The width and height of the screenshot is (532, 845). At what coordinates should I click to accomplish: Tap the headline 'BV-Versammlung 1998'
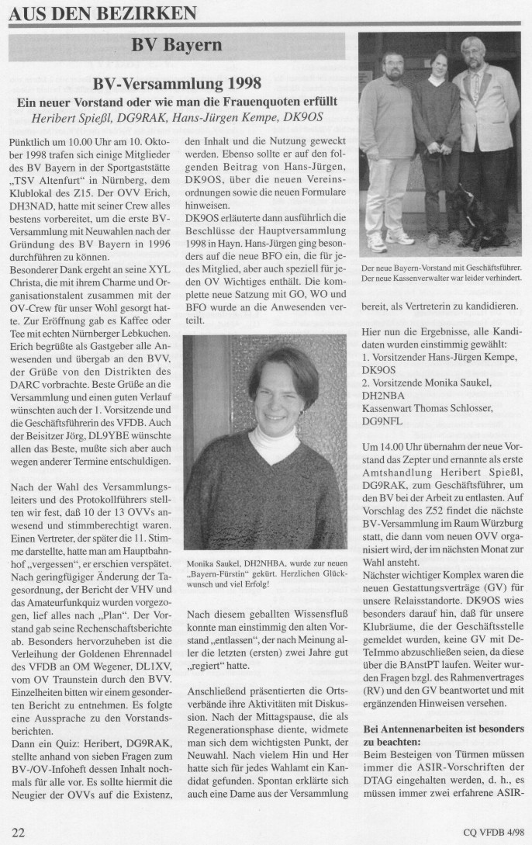pyautogui.click(x=176, y=83)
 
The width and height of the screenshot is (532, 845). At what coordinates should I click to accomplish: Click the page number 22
pyautogui.click(x=19, y=833)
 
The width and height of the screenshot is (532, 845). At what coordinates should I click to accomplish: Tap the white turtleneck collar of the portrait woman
pyautogui.click(x=273, y=445)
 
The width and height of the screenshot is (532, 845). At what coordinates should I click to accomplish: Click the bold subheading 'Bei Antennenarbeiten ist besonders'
pyautogui.click(x=444, y=730)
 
